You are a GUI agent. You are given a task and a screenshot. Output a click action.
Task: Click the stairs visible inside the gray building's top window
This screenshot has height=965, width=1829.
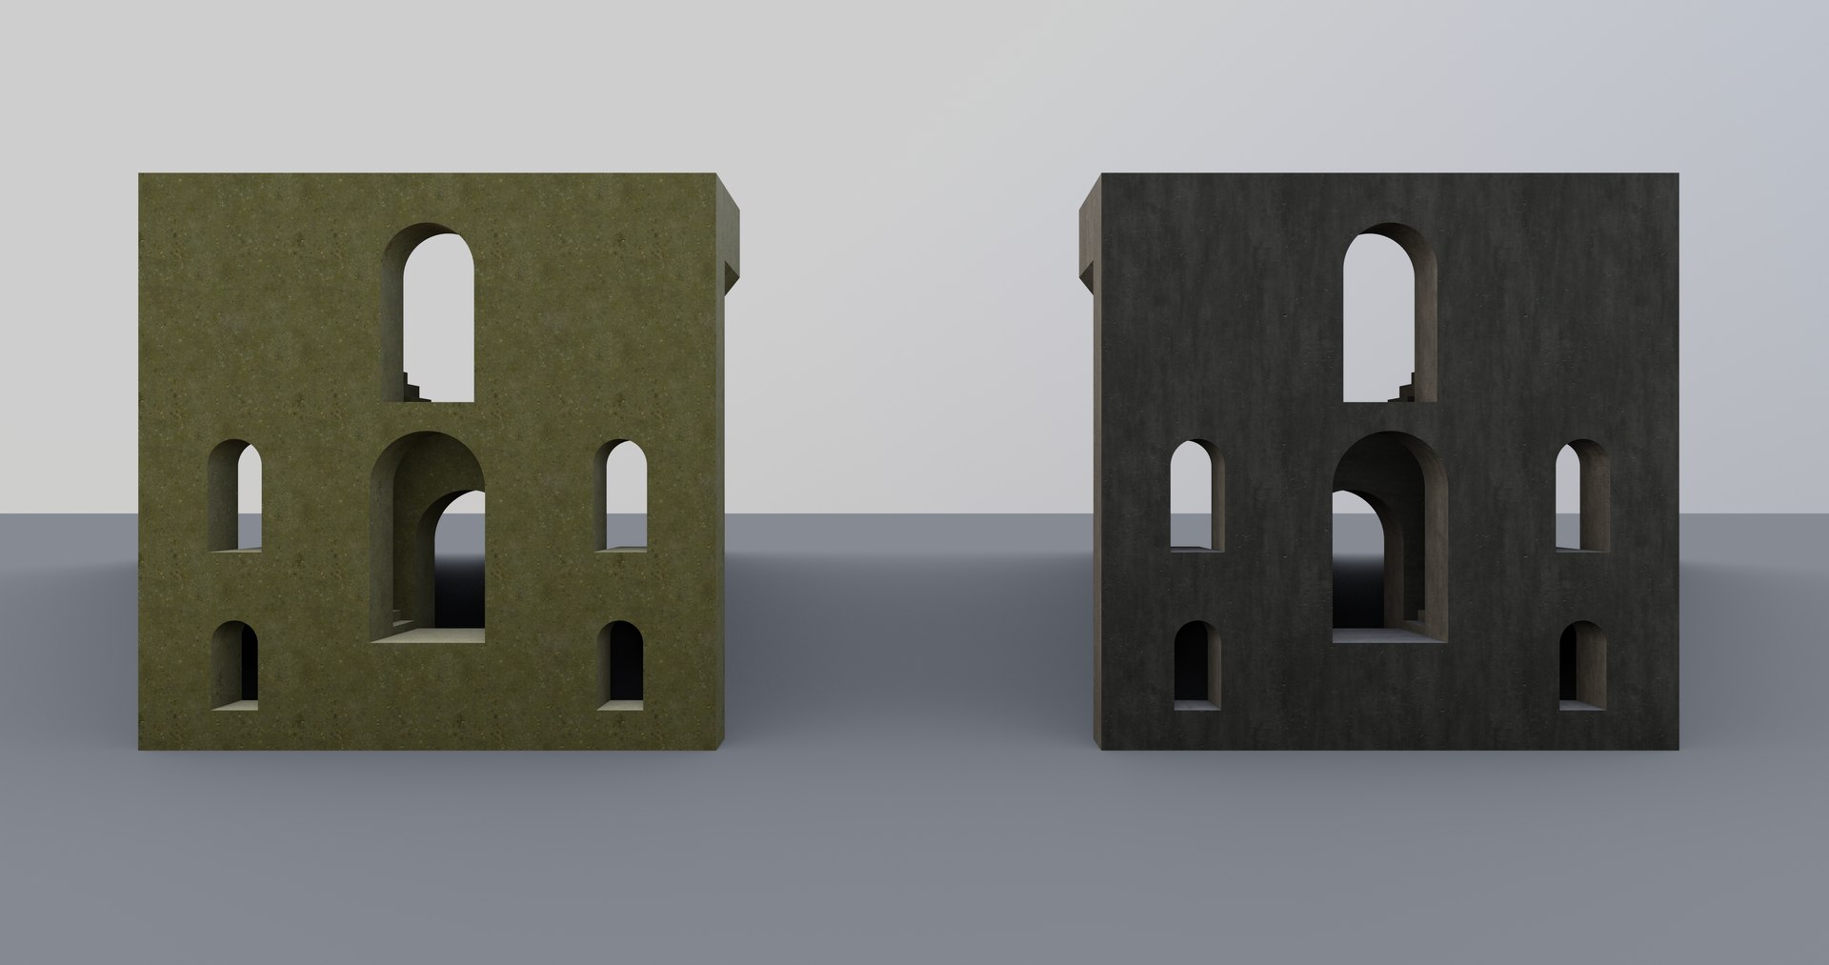coord(1403,386)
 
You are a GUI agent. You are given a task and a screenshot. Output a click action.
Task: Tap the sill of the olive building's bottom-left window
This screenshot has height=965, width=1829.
coord(234,705)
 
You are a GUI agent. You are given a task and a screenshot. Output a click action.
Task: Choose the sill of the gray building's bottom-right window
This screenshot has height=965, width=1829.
coord(1582,705)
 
